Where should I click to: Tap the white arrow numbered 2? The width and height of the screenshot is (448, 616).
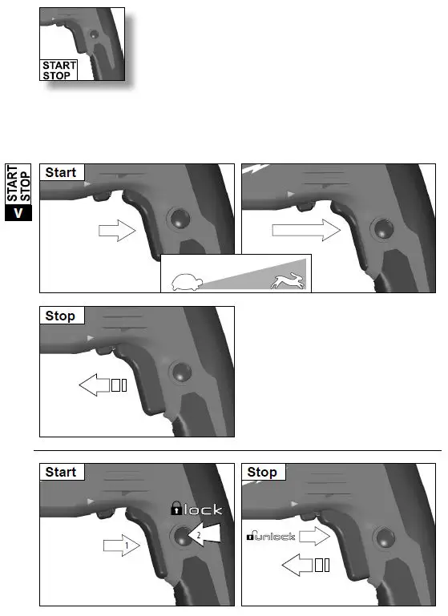(203, 534)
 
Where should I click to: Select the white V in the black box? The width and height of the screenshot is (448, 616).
(18, 214)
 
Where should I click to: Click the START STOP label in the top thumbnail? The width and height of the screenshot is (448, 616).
(59, 70)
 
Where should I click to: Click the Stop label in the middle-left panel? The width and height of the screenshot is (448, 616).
(61, 316)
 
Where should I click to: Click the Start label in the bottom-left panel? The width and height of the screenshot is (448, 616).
(61, 472)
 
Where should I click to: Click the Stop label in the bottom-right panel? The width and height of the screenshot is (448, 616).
(262, 472)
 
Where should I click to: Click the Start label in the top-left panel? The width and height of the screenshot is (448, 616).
(61, 172)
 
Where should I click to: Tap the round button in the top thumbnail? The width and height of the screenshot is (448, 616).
(94, 35)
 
